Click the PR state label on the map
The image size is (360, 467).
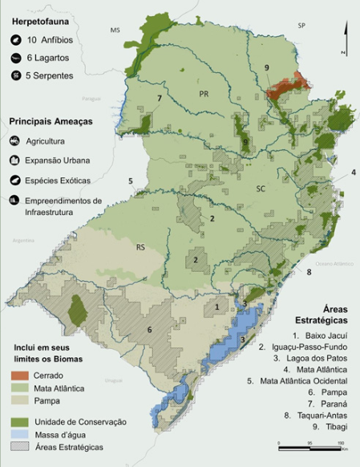coord(204,94)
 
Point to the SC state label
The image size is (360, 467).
coord(261,189)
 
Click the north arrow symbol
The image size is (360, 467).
coord(343,38)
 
